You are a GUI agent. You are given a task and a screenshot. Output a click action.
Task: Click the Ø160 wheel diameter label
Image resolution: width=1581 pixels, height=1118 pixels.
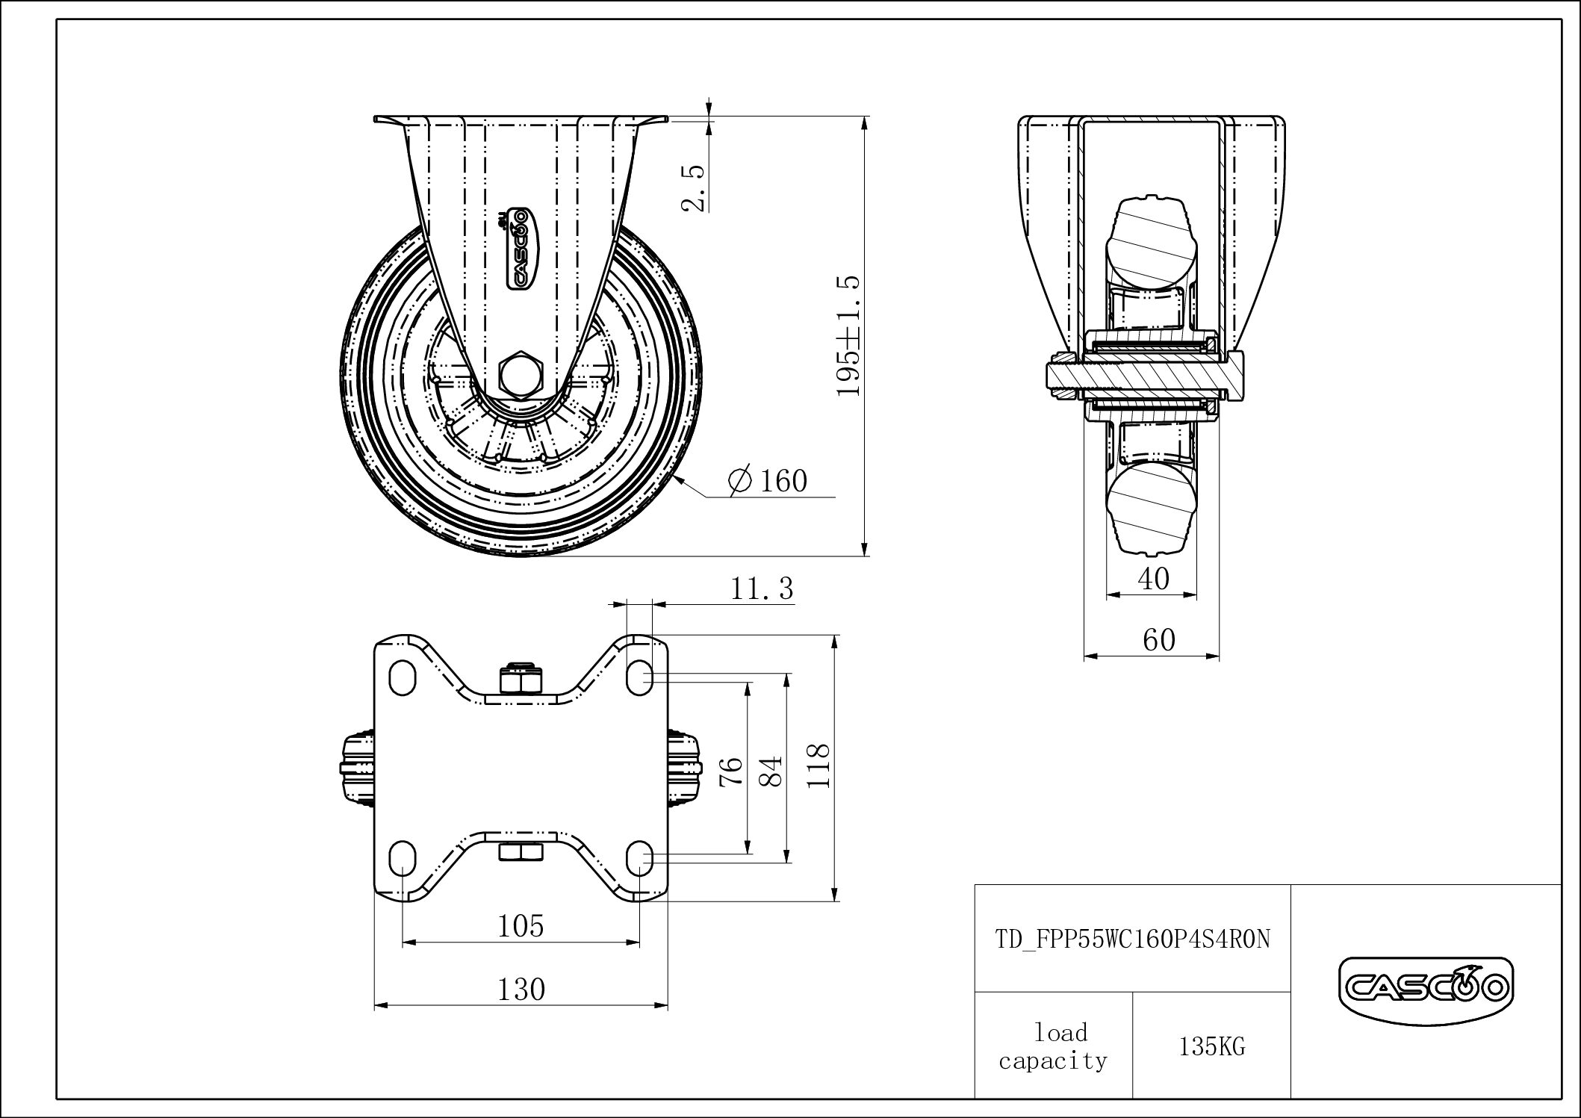768,480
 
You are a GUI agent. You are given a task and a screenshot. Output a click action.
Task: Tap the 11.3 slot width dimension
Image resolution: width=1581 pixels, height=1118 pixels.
761,589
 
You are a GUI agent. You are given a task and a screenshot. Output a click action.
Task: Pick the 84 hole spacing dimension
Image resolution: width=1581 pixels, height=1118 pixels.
771,770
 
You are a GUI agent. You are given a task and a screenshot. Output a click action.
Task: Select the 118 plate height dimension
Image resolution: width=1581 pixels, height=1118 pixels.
819,766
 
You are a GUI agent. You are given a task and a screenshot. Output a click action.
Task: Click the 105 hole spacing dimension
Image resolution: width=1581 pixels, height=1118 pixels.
521,926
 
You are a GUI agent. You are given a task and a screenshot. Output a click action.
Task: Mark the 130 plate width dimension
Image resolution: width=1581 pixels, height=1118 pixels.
521,990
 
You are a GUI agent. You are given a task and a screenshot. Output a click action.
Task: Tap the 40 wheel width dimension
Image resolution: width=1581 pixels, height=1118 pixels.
1154,578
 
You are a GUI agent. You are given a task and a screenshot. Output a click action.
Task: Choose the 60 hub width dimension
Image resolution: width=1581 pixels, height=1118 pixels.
1158,639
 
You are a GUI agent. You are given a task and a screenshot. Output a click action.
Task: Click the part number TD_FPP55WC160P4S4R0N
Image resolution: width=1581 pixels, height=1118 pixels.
1132,939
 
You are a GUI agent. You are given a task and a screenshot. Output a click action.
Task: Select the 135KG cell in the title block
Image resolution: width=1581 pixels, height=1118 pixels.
1211,1047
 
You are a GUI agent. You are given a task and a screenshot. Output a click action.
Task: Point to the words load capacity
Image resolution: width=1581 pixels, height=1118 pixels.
1054,1047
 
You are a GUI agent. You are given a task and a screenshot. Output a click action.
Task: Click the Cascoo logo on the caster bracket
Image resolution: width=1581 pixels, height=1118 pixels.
518,247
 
